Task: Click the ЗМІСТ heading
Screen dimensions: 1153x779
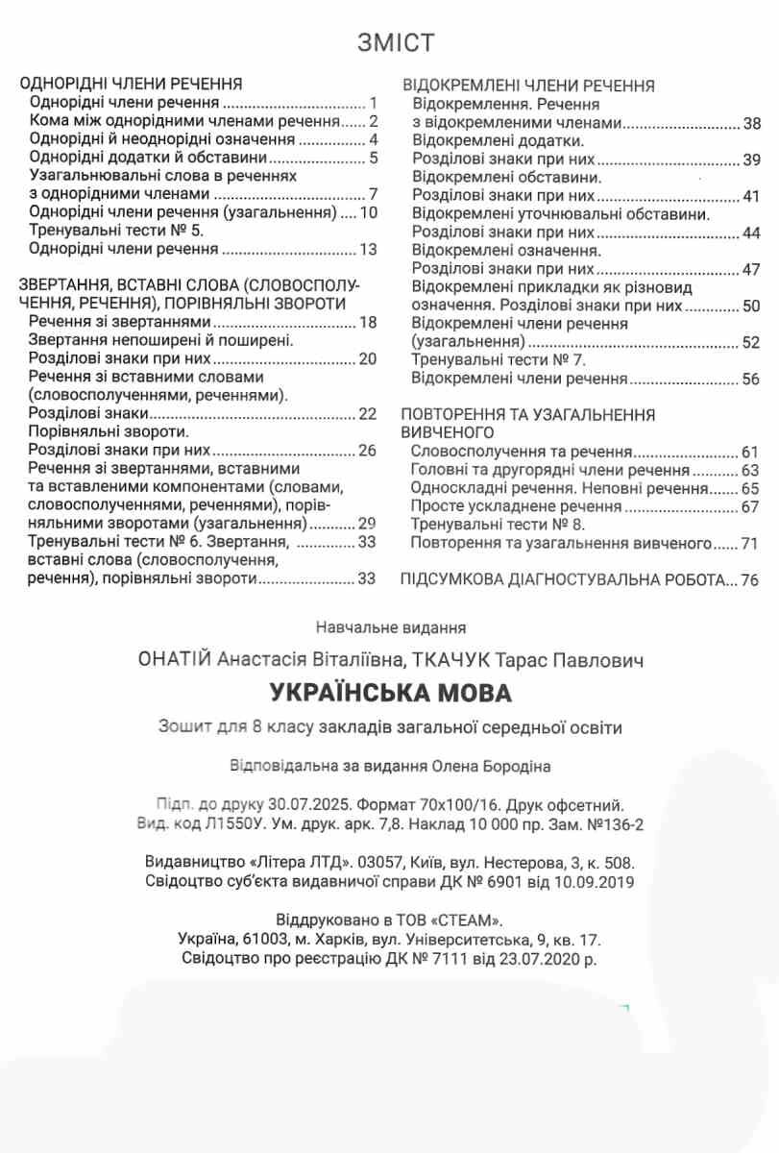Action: (x=396, y=43)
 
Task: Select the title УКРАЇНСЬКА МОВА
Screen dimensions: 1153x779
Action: (x=390, y=692)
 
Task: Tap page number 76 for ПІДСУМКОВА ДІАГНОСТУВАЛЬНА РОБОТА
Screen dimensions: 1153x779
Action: (x=750, y=579)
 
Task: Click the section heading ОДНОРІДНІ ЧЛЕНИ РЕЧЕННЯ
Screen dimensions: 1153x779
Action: (x=131, y=83)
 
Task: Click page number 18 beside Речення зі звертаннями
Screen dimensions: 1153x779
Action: (x=367, y=322)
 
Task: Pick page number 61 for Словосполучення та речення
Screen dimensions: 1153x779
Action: (x=750, y=452)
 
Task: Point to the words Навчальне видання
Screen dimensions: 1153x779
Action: (x=390, y=628)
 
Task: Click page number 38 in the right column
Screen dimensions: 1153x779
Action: (x=751, y=123)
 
